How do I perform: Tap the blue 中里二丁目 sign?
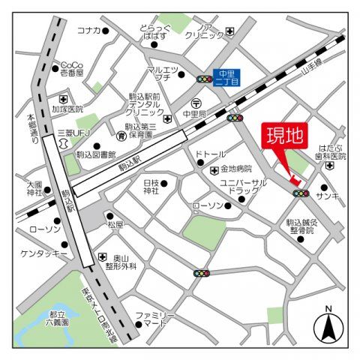pyautogui.click(x=226, y=76)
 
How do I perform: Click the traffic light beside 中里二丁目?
pyautogui.click(x=203, y=78)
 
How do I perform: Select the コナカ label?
pyautogui.click(x=88, y=30)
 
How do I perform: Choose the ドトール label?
pyautogui.click(x=210, y=154)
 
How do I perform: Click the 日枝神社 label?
pyautogui.click(x=151, y=187)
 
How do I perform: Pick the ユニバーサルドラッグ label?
pyautogui.click(x=243, y=187)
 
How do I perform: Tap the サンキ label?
pyautogui.click(x=327, y=196)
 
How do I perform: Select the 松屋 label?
pyautogui.click(x=115, y=224)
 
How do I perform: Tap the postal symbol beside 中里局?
pyautogui.click(x=195, y=103)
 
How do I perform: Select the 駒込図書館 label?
pyautogui.click(x=96, y=154)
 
